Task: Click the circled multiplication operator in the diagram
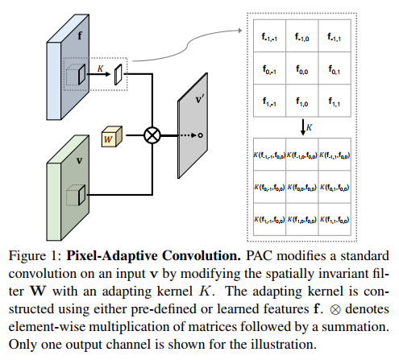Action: (151, 135)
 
